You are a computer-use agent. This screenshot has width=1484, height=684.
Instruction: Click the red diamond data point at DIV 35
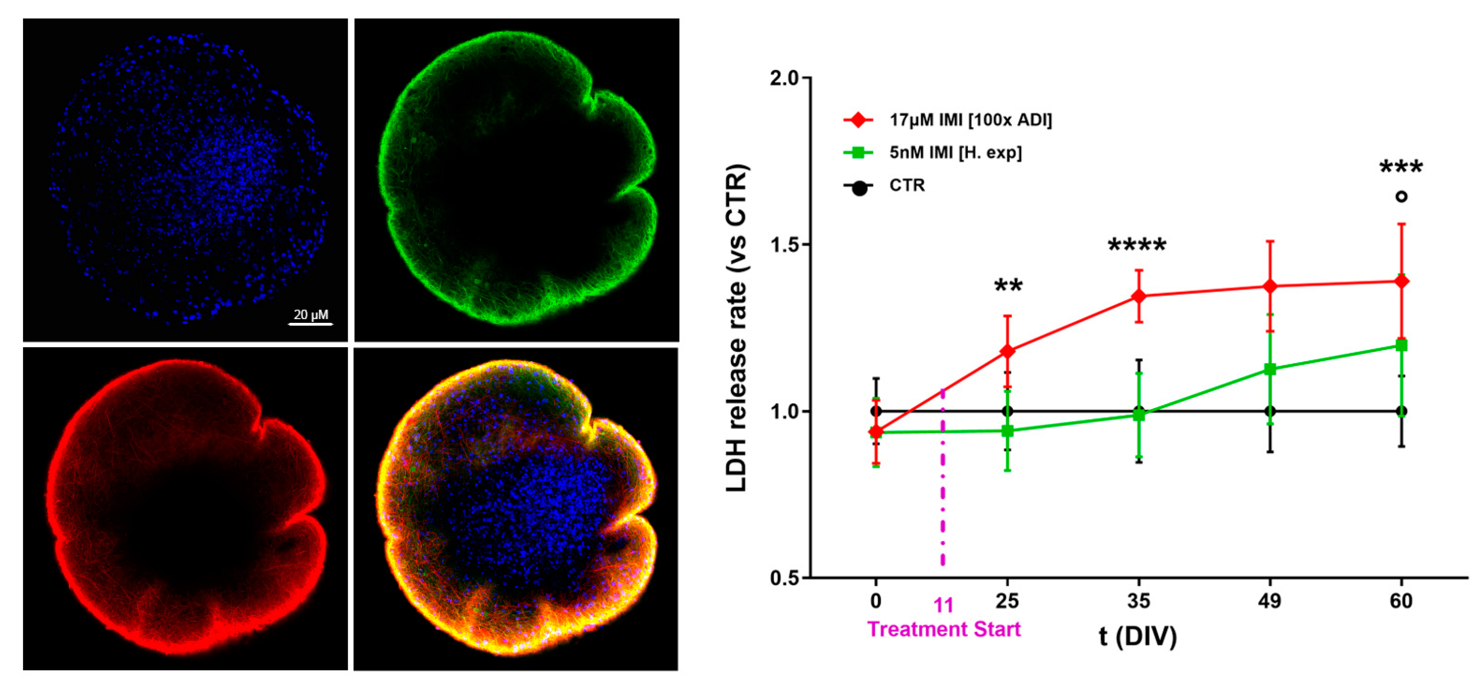point(1138,296)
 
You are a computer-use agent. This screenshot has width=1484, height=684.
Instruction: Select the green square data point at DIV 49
point(1270,369)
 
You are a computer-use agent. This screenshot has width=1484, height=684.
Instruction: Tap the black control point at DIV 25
point(1007,411)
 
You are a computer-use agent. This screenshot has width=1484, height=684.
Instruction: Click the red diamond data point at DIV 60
point(1402,282)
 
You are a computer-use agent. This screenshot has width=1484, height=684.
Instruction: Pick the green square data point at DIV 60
point(1402,345)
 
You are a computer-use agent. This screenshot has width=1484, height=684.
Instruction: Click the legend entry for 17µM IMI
point(970,120)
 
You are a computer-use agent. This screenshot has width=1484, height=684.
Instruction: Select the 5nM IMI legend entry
point(955,153)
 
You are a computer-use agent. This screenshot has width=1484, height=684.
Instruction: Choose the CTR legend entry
point(907,186)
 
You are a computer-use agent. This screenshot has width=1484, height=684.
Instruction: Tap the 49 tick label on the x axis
point(1270,601)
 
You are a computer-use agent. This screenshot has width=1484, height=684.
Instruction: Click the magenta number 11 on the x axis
point(943,605)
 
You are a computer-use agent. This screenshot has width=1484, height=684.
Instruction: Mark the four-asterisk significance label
point(1137,246)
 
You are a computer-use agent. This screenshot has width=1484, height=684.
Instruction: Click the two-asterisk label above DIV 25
point(1008,286)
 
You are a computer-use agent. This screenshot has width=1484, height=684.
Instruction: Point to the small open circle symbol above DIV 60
point(1402,196)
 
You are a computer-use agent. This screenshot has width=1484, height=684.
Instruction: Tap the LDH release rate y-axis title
point(737,328)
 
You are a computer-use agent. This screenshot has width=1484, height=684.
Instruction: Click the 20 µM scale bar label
point(310,314)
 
